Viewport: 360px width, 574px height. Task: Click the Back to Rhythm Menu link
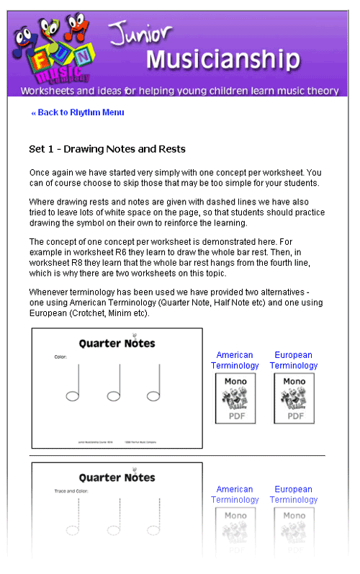[x=78, y=112]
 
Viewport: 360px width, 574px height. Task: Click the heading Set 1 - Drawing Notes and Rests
[x=107, y=149]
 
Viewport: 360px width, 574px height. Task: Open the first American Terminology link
[x=235, y=360]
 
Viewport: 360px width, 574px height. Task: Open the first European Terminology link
[x=294, y=360]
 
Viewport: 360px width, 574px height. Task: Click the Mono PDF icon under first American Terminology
[x=235, y=398]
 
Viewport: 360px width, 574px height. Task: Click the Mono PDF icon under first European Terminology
[x=294, y=398]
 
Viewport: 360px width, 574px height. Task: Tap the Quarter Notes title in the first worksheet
[x=117, y=344]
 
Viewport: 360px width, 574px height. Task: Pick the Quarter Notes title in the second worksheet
[x=117, y=477]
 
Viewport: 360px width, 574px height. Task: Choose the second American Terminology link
[x=235, y=494]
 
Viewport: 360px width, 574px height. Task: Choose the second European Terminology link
[x=294, y=494]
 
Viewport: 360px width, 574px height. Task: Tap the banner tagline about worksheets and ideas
[x=179, y=91]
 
